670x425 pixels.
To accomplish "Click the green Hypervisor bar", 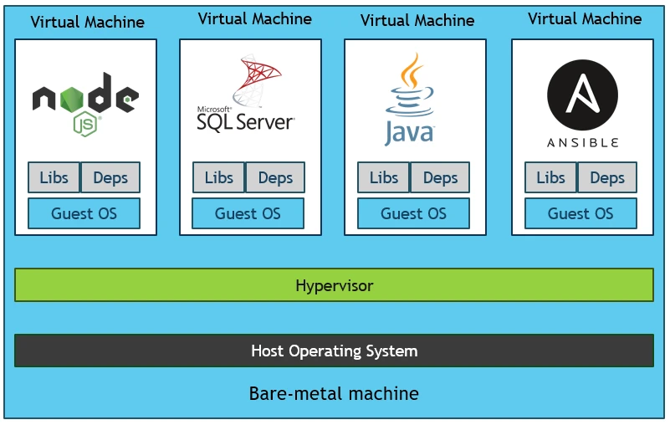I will (x=334, y=285).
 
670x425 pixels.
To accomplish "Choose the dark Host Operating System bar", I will (x=334, y=351).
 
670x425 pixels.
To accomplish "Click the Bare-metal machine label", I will (x=334, y=393).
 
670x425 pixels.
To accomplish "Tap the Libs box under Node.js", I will (x=54, y=177).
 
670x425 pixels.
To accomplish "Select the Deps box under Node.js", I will (x=110, y=177).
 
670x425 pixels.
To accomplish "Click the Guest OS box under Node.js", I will (x=84, y=213).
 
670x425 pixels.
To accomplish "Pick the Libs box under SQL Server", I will (x=218, y=177).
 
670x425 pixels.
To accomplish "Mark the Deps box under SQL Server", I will (x=275, y=177).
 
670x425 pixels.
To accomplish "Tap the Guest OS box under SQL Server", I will (x=248, y=213).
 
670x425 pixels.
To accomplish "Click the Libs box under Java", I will (x=383, y=177).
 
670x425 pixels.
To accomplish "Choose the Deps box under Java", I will (x=440, y=177).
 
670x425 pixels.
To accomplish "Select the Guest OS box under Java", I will (x=413, y=213).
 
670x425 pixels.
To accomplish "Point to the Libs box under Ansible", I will (x=550, y=177).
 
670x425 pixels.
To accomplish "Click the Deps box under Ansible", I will (x=607, y=177).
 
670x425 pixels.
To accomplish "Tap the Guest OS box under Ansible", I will (x=580, y=213).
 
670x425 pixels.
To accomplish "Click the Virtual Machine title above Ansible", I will (x=585, y=18).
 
